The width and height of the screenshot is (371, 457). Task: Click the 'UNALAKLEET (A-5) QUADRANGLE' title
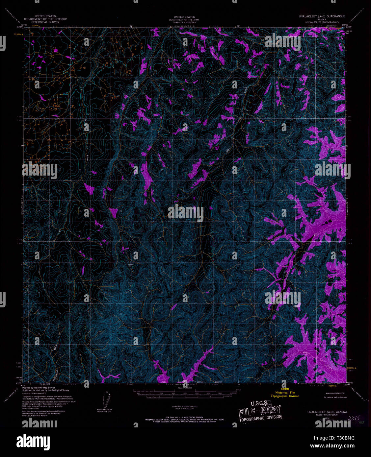click(x=322, y=16)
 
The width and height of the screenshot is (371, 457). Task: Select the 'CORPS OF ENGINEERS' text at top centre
click(x=184, y=22)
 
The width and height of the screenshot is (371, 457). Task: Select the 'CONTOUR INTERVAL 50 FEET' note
click(x=184, y=407)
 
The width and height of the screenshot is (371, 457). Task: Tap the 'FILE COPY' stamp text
click(x=260, y=411)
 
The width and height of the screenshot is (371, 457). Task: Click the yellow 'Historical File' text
click(x=285, y=393)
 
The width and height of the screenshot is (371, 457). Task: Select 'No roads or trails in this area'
click(x=335, y=397)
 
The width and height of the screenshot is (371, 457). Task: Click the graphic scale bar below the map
click(x=184, y=391)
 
